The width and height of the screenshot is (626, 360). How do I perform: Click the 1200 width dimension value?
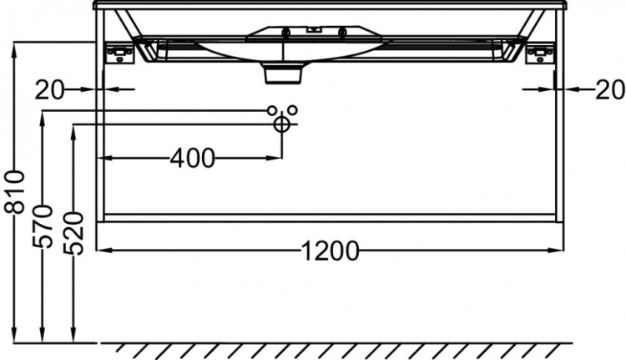[330, 251]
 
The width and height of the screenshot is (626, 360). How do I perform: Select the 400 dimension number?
[193, 158]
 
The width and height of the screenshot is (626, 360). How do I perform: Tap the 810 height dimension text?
[15, 191]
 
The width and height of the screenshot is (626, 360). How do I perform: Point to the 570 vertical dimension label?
[43, 226]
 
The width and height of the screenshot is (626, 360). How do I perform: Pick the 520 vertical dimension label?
[73, 234]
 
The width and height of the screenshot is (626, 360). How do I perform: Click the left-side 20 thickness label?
[49, 90]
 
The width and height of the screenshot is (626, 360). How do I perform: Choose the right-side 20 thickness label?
[609, 90]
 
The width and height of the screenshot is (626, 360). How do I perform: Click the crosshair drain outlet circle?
[282, 124]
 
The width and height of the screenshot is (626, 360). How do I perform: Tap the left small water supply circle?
[272, 110]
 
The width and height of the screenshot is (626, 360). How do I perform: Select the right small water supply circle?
[293, 110]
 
